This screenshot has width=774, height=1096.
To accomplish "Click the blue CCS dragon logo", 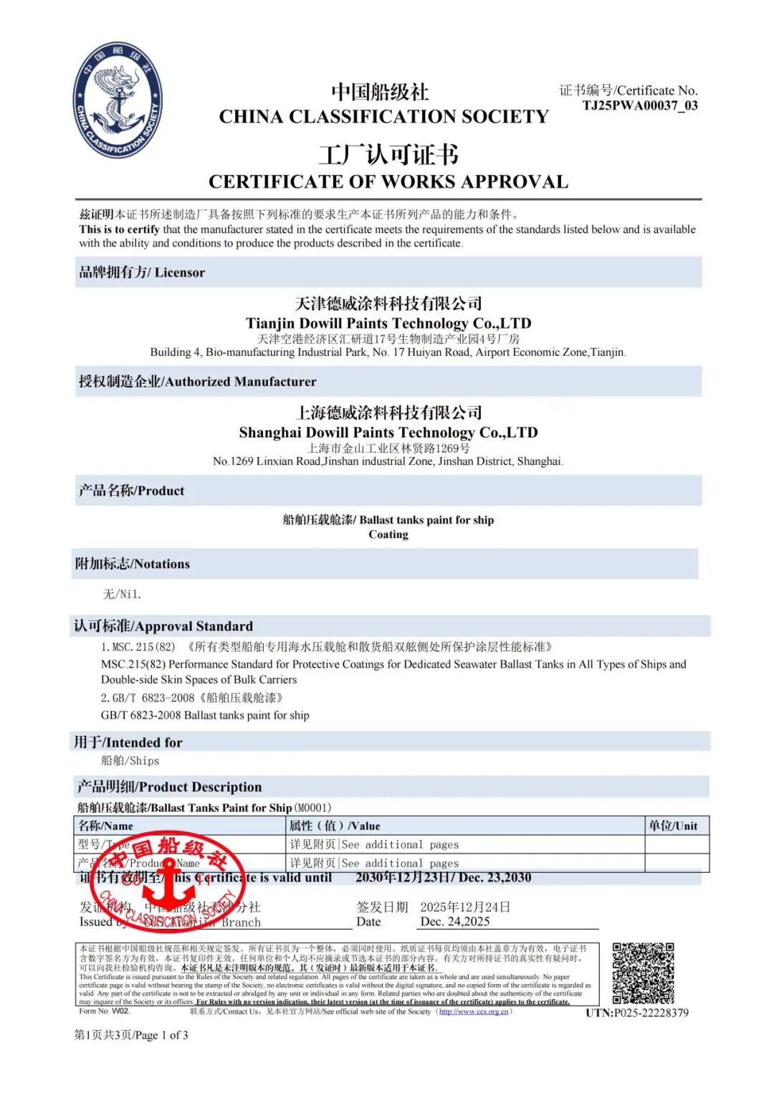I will (x=118, y=100).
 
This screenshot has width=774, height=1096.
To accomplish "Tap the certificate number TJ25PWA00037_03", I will (x=639, y=105).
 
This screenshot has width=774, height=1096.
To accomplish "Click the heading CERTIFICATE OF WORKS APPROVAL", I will (x=388, y=181).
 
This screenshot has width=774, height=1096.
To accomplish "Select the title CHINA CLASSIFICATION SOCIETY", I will (x=383, y=116).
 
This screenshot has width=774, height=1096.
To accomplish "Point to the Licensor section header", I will (x=142, y=273).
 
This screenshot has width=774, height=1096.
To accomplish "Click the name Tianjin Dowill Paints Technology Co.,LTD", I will (x=388, y=323).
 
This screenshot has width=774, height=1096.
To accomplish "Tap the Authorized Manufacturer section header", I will (x=198, y=382).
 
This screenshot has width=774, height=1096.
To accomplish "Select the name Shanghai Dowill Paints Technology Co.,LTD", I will (x=388, y=433).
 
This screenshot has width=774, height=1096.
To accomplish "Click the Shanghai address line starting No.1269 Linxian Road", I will (x=388, y=461).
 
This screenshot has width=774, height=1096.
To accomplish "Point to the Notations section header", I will (x=133, y=564).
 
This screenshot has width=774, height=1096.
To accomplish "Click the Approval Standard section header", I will (x=163, y=626).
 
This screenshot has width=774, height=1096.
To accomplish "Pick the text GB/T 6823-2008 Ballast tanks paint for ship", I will (x=205, y=715).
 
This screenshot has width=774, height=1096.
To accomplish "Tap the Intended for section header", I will (x=128, y=742).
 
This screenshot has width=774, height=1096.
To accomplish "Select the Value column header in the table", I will (x=335, y=826).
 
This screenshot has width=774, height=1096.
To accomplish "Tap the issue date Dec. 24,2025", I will (x=454, y=922).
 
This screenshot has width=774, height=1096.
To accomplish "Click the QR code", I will (x=643, y=973).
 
